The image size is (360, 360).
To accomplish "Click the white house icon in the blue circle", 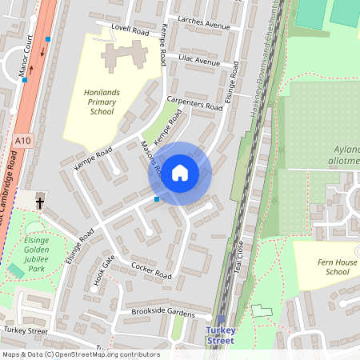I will pos(180,172).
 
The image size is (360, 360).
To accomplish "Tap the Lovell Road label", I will pos(130,31).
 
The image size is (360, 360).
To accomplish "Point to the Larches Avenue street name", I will pos(205,25).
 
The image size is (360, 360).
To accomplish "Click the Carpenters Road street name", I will pos(194,105).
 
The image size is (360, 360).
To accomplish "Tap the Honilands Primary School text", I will pos(110,102).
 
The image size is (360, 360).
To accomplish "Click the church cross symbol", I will pos(39,203).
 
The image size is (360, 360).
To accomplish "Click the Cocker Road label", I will pos(151,270).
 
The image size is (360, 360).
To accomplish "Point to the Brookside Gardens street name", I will pos(163,313).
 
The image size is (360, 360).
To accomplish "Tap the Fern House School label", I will pos(326,266).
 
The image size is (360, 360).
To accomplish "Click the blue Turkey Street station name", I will pos(220,335).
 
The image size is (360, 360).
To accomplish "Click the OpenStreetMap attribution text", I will pos(80,354).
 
